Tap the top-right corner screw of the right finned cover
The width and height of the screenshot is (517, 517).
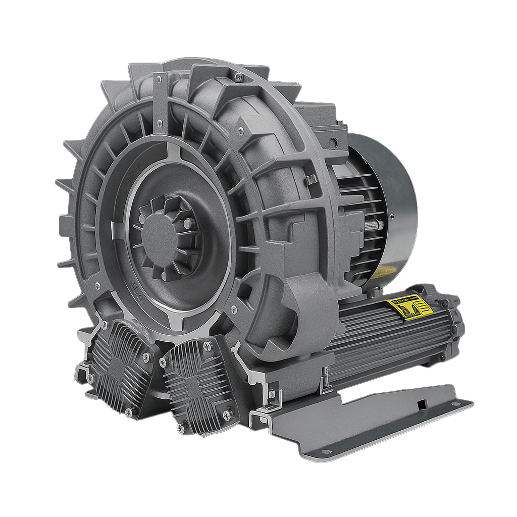208,346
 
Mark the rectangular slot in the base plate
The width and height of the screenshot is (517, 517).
422,404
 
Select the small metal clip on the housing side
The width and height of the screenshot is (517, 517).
312,179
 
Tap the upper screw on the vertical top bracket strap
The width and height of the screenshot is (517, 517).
159,79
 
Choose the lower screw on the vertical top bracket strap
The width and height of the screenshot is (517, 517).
159,122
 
